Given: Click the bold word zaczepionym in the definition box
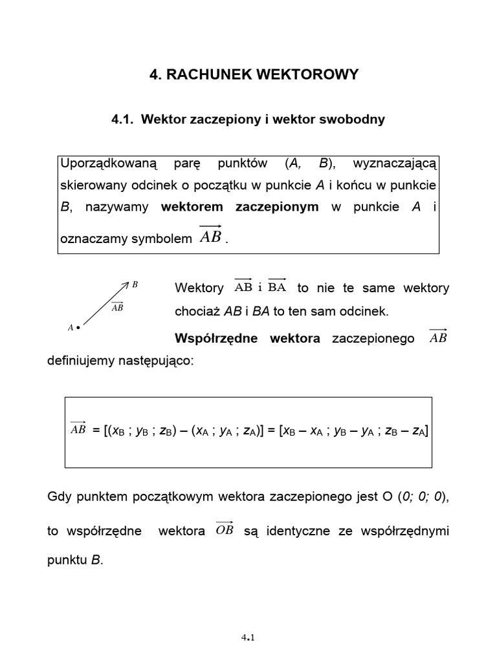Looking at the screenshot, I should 277,207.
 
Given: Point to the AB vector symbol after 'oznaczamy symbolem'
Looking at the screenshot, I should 211,236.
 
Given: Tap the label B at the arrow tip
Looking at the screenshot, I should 135,284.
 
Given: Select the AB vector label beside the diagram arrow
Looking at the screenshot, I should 117,307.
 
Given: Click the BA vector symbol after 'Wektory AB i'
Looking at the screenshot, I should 276,288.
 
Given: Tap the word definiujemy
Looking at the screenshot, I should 80,361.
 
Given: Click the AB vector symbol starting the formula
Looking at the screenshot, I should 78,429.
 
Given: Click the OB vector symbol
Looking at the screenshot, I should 224,530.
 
